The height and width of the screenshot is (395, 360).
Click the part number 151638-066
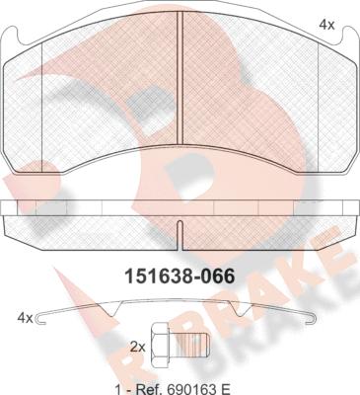[180, 276]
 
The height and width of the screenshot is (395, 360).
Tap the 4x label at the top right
[326, 25]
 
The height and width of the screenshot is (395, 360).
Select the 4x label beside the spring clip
[25, 318]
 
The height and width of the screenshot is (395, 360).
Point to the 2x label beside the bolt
[137, 347]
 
